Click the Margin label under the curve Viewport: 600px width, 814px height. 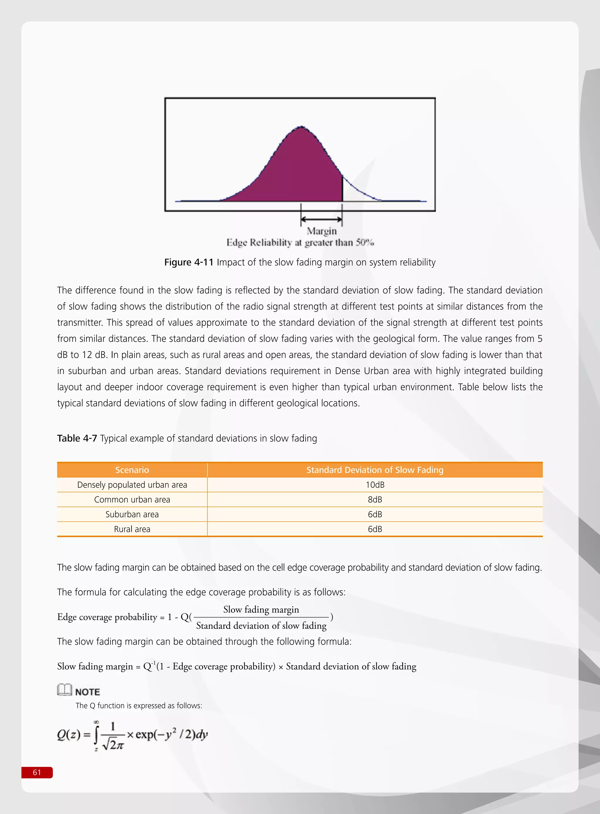pyautogui.click(x=321, y=231)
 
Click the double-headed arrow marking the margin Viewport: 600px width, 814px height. pyautogui.click(x=321, y=219)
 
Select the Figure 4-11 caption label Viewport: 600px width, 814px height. pyautogui.click(x=188, y=262)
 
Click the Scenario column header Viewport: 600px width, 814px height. pyautogui.click(x=132, y=470)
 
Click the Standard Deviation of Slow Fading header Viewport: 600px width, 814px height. pyautogui.click(x=374, y=470)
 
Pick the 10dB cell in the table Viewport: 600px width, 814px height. pyautogui.click(x=374, y=485)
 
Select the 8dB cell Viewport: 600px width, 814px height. pyautogui.click(x=374, y=500)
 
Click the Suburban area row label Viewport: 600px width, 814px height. pyautogui.click(x=132, y=514)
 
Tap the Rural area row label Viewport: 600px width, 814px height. pyautogui.click(x=132, y=529)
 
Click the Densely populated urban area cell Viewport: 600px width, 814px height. pyautogui.click(x=132, y=485)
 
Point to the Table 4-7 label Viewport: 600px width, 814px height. pyautogui.click(x=77, y=438)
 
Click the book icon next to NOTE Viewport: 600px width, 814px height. pyautogui.click(x=64, y=690)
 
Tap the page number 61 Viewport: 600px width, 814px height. pyautogui.click(x=37, y=772)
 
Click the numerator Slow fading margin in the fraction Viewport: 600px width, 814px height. pyautogui.click(x=261, y=610)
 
